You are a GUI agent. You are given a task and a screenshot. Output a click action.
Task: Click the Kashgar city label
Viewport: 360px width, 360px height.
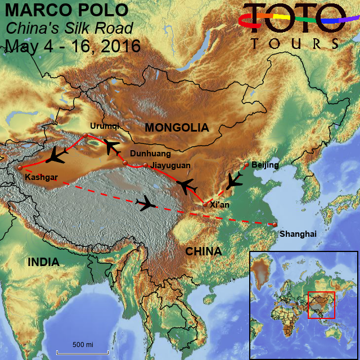tap(42, 178)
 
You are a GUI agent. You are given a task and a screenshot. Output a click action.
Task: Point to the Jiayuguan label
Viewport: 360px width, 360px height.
tap(170, 165)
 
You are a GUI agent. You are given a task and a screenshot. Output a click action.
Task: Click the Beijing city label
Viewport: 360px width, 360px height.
tap(265, 164)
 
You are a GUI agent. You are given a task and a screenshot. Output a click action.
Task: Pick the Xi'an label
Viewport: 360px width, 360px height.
tap(219, 205)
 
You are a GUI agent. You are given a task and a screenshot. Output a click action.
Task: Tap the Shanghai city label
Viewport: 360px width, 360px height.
tap(298, 233)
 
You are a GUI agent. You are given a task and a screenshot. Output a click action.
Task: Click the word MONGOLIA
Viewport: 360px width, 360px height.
tap(176, 128)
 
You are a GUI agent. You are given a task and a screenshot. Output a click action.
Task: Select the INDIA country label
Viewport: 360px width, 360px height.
tap(44, 262)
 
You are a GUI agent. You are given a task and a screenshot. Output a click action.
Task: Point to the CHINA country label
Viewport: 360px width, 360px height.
tap(203, 251)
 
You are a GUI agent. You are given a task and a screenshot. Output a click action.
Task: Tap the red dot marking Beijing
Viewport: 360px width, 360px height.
tap(246, 165)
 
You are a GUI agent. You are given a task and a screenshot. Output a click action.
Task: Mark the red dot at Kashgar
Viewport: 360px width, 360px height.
tap(20, 168)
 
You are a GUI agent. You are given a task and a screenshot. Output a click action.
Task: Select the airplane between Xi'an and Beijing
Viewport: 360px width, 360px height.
tap(233, 181)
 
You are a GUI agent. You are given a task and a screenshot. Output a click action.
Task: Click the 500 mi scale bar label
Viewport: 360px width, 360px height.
tap(83, 344)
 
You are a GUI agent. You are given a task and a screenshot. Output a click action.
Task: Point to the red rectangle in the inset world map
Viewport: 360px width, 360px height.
tap(321, 305)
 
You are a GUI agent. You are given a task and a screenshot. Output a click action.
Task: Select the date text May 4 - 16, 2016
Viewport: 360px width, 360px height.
tap(73, 46)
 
